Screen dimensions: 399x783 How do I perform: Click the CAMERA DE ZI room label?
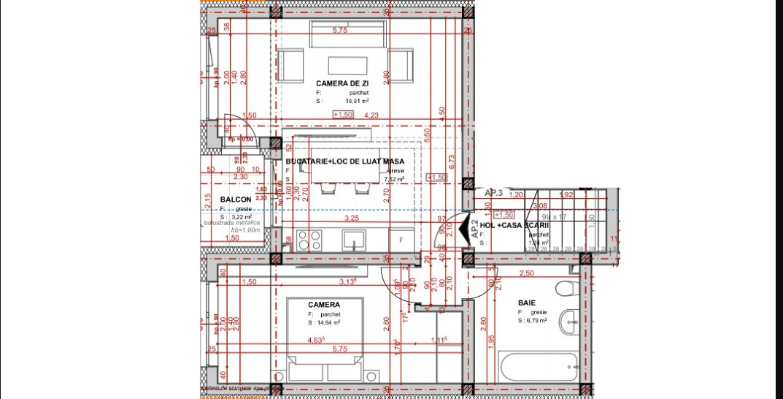337,83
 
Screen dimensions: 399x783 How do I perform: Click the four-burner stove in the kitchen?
312,240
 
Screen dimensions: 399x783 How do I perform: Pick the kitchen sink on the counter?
355,240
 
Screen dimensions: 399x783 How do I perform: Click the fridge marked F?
401,240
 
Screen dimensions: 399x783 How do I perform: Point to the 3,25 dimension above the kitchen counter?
350,218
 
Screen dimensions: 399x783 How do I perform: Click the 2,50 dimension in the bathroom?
525,273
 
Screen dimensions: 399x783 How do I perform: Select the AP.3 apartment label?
494,193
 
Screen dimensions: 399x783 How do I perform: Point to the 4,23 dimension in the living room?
371,115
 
